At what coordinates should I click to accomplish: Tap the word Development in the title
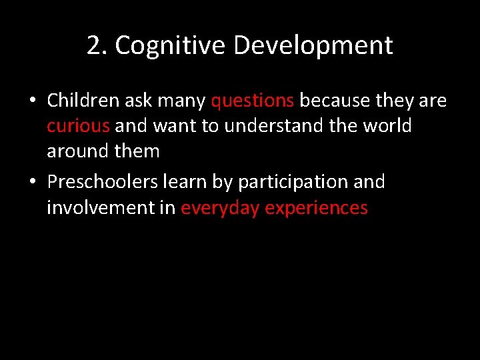tap(313, 46)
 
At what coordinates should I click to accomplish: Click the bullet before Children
tap(32, 101)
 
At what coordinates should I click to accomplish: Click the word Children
tap(83, 101)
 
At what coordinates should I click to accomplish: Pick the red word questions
tap(253, 101)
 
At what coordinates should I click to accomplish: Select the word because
tap(335, 101)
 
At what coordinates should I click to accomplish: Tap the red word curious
tap(78, 126)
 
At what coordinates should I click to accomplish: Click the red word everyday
tap(221, 208)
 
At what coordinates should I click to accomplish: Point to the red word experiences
tap(317, 208)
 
